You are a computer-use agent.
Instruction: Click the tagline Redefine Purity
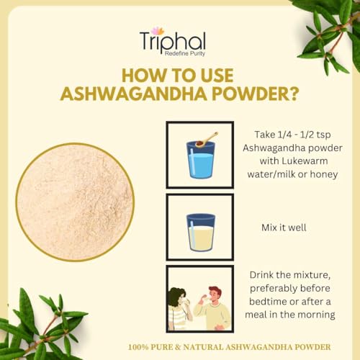pos(186,54)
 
